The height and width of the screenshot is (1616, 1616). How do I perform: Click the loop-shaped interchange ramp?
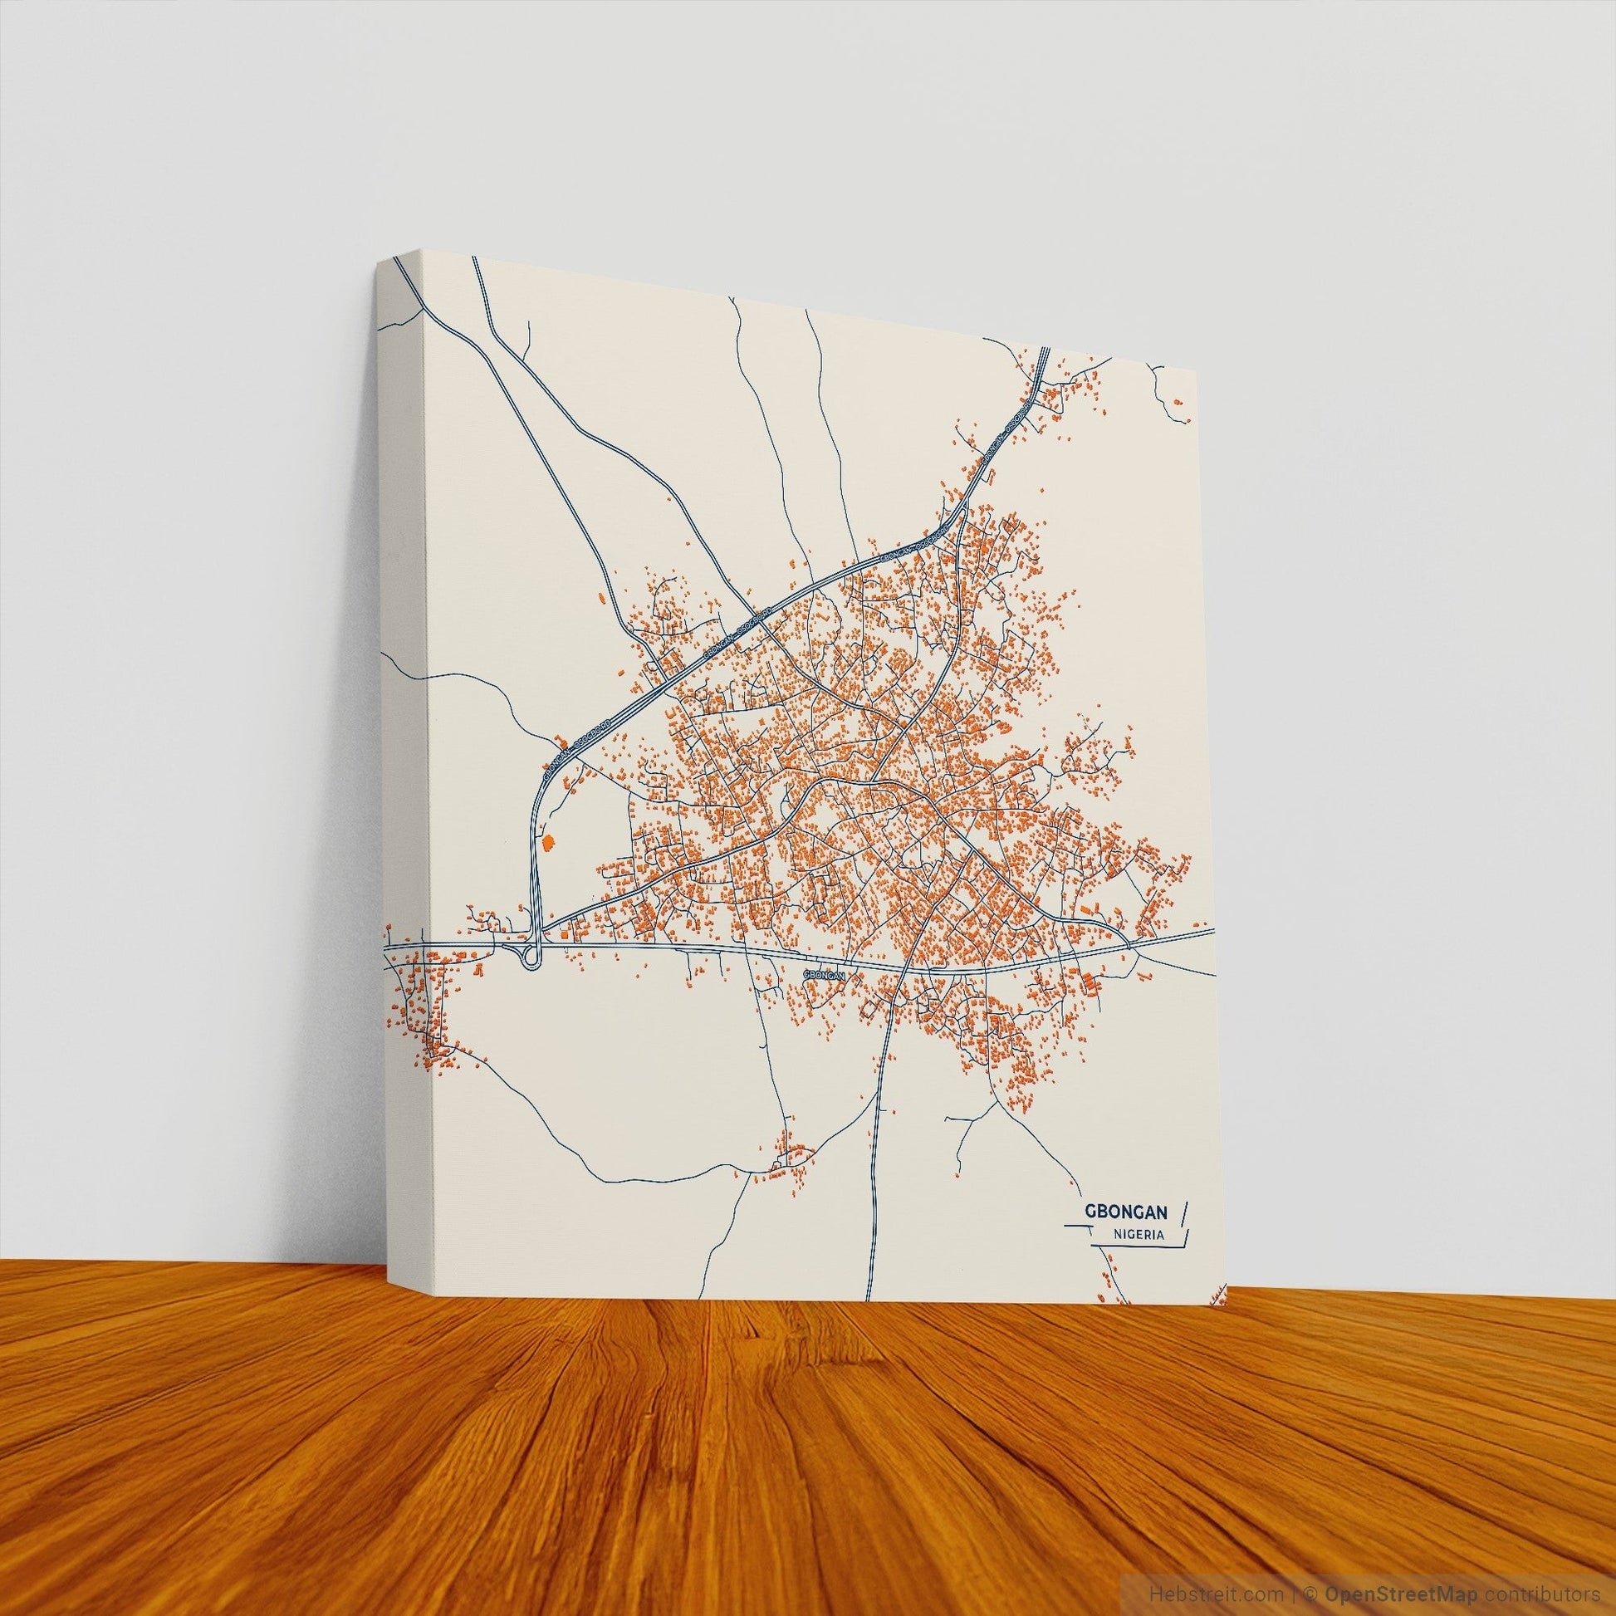[531, 957]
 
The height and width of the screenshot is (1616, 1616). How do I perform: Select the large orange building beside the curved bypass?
[549, 842]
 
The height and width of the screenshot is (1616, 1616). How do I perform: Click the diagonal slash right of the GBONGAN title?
[1184, 1211]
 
